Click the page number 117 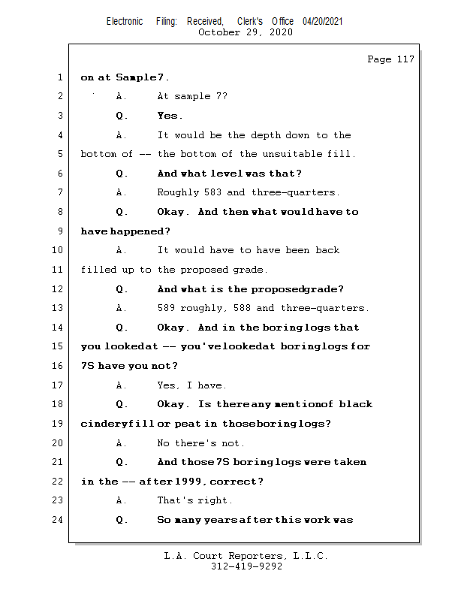click(x=405, y=59)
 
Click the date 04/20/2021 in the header click(x=323, y=22)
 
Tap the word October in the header click(x=220, y=32)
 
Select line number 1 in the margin click(x=59, y=77)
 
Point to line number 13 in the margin click(x=58, y=308)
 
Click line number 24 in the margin click(x=58, y=520)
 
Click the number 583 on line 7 click(x=214, y=192)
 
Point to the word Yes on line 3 click(x=168, y=116)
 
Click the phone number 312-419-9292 click(x=246, y=566)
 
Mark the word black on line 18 click(x=355, y=404)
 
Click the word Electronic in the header click(x=125, y=22)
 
